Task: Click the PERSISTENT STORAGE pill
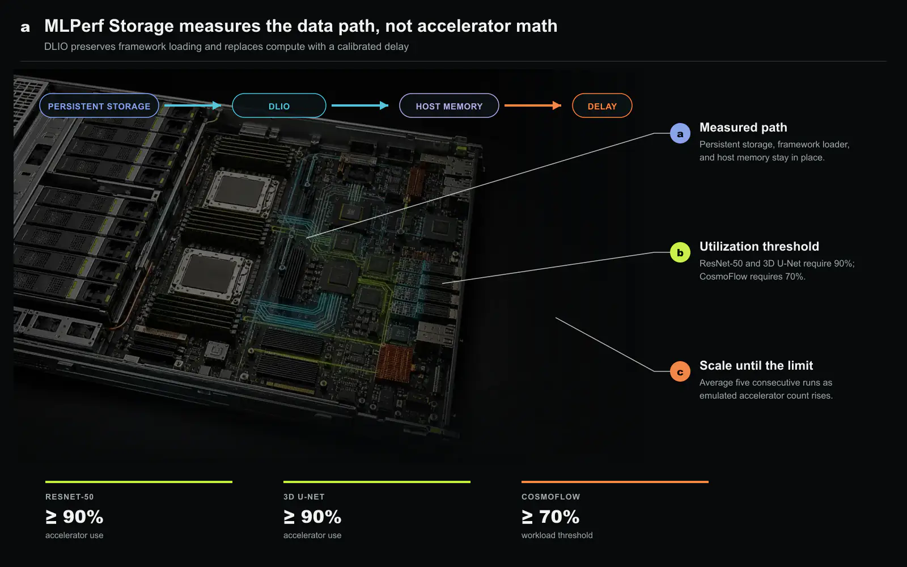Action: pos(99,105)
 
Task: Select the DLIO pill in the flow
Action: pos(279,105)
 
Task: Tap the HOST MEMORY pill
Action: pos(449,105)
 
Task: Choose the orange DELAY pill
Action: pos(602,105)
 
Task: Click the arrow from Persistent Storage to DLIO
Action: pos(193,105)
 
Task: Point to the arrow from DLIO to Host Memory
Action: pos(360,105)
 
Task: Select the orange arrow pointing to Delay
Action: pos(533,105)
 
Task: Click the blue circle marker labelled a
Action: pos(680,133)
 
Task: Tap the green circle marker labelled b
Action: pos(680,252)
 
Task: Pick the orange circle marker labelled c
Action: pos(680,371)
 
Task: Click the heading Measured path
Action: pos(743,127)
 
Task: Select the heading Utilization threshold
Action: pos(759,246)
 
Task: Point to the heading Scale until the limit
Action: pos(756,365)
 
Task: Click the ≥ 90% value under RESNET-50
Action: pos(74,517)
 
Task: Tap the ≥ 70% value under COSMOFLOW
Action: pos(550,517)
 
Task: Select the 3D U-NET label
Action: pos(304,497)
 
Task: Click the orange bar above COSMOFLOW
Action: pos(615,482)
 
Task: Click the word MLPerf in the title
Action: pos(74,26)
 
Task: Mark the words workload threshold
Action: pos(557,535)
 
